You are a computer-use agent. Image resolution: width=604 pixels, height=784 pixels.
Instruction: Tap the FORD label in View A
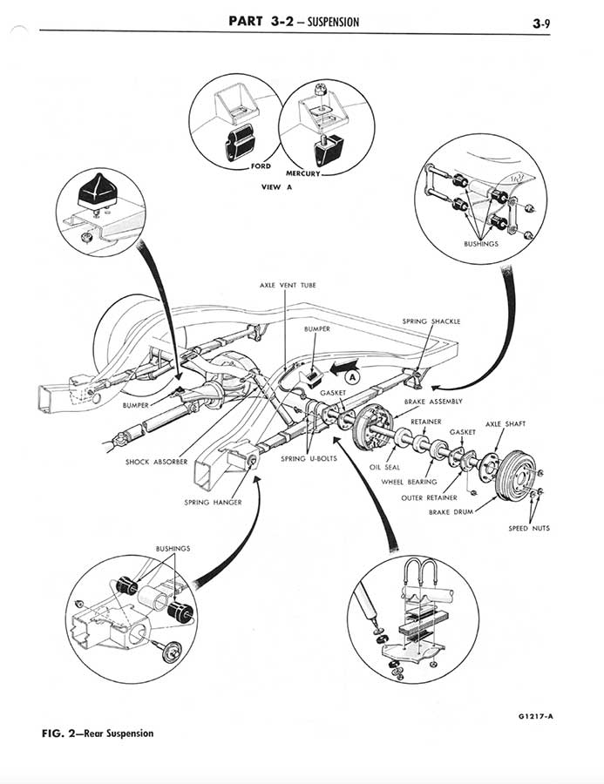pos(261,166)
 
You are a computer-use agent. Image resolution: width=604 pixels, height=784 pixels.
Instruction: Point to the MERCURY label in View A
pos(302,173)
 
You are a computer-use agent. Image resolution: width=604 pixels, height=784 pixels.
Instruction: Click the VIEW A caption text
pos(264,186)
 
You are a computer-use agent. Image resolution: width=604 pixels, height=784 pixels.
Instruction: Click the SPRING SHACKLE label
pos(431,321)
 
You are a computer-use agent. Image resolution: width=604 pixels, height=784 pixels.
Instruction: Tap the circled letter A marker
pos(354,376)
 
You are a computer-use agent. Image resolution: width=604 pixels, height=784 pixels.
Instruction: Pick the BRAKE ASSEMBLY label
pos(433,402)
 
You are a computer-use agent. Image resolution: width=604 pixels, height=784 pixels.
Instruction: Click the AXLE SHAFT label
pos(505,424)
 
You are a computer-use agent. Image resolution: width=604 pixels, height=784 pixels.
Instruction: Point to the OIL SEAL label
pos(385,467)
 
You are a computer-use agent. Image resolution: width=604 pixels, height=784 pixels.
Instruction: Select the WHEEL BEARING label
pos(409,482)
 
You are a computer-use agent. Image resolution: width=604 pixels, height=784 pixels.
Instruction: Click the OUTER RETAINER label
pos(429,498)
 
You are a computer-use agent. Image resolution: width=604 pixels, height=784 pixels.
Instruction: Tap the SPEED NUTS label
pos(529,528)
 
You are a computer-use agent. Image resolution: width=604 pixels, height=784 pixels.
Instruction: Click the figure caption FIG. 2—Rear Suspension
pos(98,733)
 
